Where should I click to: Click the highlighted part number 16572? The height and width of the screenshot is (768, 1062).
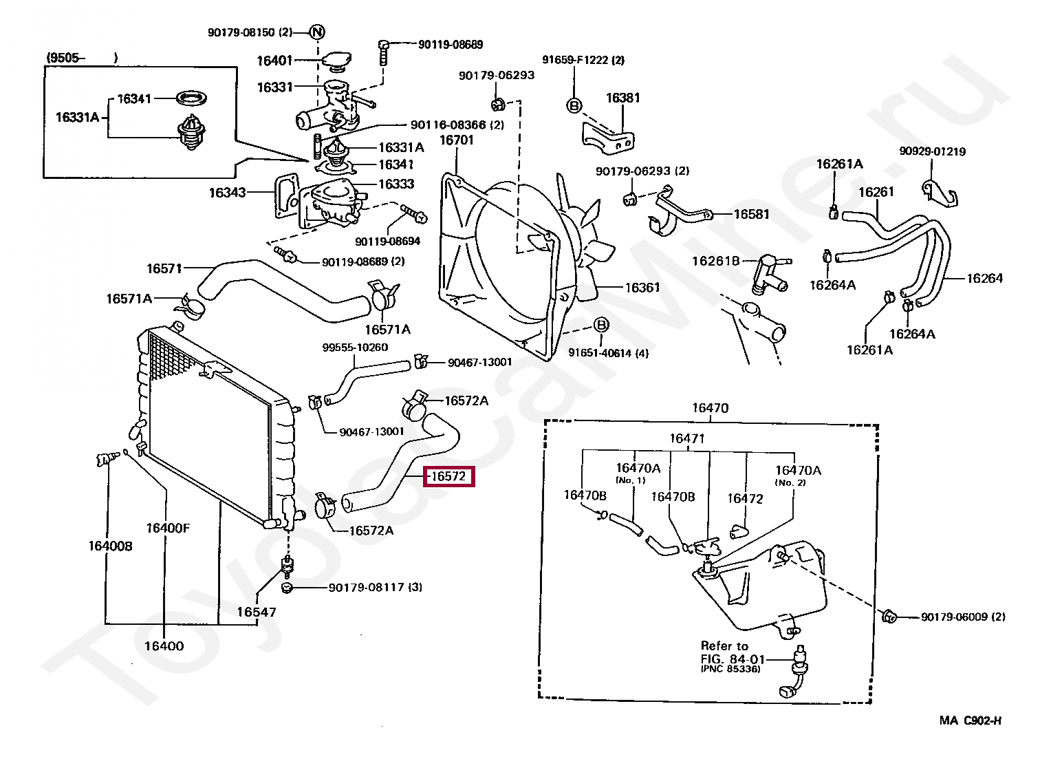point(448,476)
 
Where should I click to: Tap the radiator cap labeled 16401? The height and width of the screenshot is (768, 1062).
point(336,61)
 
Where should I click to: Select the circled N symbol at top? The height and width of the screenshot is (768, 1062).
point(317,32)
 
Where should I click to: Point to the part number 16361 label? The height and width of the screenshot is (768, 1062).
point(642,288)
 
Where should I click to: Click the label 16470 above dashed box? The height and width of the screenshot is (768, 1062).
point(710,408)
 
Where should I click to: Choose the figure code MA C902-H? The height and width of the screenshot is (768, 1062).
point(971,721)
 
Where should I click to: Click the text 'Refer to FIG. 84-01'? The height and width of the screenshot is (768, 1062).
point(733,652)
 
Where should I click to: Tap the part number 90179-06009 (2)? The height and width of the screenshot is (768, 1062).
point(963,617)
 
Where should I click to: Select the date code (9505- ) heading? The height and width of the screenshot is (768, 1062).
point(82,58)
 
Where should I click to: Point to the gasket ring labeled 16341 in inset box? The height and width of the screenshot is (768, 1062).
point(191,98)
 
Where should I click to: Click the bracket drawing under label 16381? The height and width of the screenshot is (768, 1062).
point(608,138)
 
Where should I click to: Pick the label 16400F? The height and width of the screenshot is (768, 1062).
point(168,528)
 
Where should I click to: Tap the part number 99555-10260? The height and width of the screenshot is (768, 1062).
point(355,348)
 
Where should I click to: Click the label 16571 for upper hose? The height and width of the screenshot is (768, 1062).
point(164,269)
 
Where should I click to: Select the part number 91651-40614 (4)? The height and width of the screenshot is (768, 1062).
point(608,353)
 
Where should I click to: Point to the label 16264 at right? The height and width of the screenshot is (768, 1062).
point(985,279)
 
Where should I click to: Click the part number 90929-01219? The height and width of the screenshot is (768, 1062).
point(933,151)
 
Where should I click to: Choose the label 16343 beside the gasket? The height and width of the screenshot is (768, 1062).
point(227,193)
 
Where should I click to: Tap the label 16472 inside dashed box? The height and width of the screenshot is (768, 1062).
point(745,498)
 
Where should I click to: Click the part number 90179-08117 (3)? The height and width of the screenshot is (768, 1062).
point(375,587)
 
